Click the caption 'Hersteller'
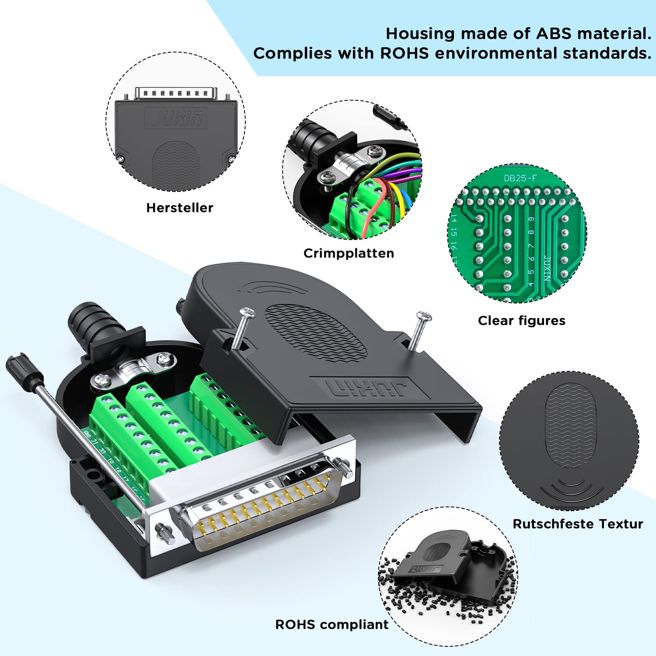pyautogui.click(x=179, y=208)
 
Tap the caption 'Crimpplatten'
pyautogui.click(x=349, y=253)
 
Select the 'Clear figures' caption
pyautogui.click(x=521, y=321)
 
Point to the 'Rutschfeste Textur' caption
pyautogui.click(x=577, y=524)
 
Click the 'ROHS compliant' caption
pyautogui.click(x=331, y=625)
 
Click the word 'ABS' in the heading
pyautogui.click(x=554, y=34)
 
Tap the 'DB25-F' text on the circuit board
pyautogui.click(x=520, y=178)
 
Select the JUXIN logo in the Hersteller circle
pyautogui.click(x=176, y=118)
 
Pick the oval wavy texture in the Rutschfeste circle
pyautogui.click(x=570, y=424)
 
